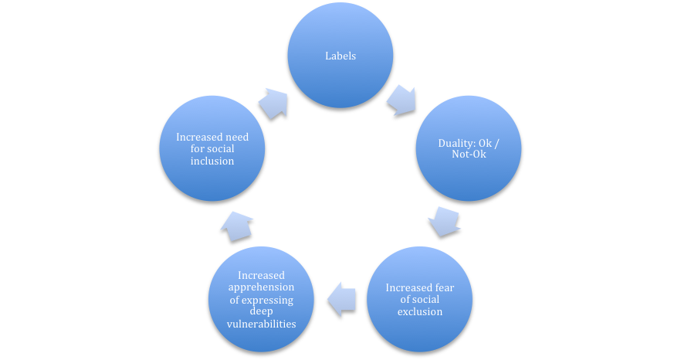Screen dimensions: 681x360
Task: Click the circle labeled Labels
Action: [340, 55]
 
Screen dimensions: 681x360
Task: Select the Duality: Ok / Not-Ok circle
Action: [469, 148]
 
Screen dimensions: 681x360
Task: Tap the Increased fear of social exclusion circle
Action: [419, 299]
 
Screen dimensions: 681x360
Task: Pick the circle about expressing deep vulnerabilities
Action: [261, 299]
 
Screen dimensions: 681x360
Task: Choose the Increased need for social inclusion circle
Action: [212, 148]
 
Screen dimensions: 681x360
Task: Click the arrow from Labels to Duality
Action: [401, 101]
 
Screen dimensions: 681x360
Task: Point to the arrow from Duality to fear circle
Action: [444, 222]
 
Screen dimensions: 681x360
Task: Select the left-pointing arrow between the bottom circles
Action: [342, 299]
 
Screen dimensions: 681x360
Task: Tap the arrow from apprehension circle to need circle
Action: [236, 226]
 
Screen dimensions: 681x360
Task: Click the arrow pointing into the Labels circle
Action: [273, 104]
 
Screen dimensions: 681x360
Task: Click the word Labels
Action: [340, 56]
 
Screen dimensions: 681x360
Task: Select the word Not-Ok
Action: [469, 154]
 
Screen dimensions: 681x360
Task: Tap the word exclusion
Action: [419, 312]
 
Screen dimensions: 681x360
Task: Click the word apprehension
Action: [261, 287]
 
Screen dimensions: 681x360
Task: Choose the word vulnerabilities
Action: [261, 324]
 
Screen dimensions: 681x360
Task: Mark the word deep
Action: [261, 312]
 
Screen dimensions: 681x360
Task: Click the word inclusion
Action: [212, 161]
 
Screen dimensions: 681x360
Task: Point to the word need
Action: [237, 137]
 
